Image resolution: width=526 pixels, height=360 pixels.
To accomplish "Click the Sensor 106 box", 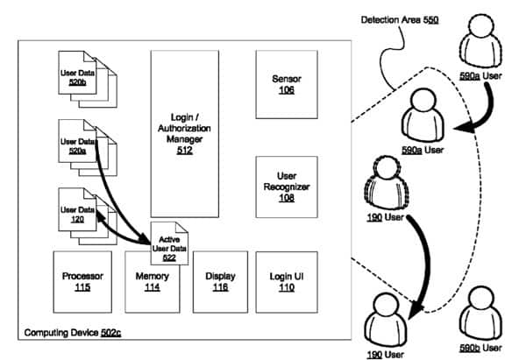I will point(287,84).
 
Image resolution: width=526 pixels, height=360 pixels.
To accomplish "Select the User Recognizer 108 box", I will point(287,187).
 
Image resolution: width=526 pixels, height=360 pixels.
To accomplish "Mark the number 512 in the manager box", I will point(184,149).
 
